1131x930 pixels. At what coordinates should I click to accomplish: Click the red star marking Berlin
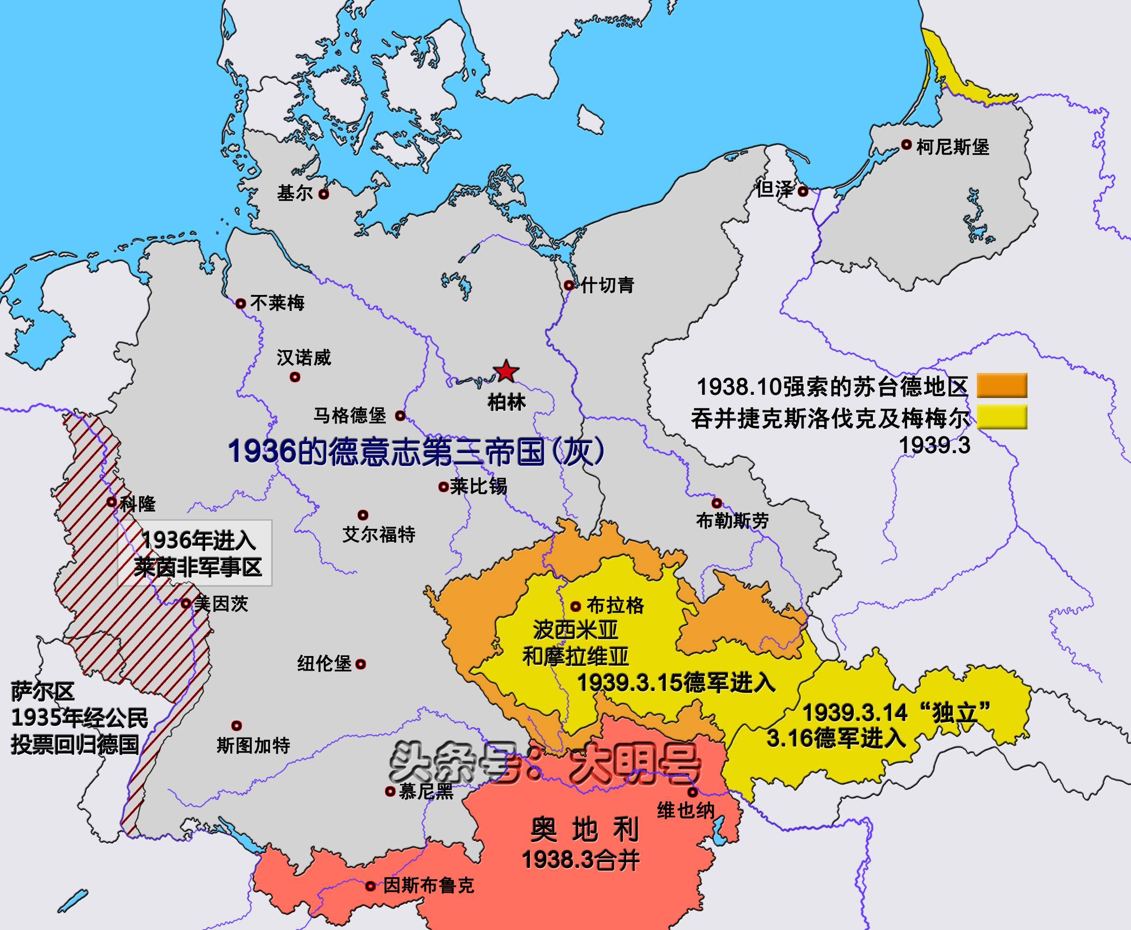point(506,371)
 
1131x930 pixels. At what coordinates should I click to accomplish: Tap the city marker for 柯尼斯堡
point(906,145)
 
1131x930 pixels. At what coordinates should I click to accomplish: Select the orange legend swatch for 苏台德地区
point(1001,385)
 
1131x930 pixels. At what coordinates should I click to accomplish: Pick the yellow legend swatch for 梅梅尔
point(1001,417)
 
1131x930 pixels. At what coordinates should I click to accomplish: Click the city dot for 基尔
point(324,194)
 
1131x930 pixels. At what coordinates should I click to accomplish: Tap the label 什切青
point(607,284)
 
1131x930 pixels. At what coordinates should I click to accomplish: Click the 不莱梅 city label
point(277,303)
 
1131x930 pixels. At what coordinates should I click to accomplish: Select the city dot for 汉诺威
point(295,377)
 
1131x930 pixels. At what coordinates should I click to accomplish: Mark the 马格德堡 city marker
point(400,415)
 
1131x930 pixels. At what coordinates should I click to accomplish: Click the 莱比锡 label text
point(478,486)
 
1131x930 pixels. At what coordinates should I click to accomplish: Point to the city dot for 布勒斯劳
point(716,503)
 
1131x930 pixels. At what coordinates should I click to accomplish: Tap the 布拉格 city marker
point(576,606)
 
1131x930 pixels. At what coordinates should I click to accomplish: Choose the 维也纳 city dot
point(693,792)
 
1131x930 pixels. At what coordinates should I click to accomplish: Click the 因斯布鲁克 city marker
point(370,886)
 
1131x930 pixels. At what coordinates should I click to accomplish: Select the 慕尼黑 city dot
point(390,790)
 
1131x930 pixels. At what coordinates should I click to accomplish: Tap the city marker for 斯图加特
point(236,726)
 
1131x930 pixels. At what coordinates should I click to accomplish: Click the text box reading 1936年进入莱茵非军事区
point(195,553)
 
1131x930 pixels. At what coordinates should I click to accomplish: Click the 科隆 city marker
point(111,502)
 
